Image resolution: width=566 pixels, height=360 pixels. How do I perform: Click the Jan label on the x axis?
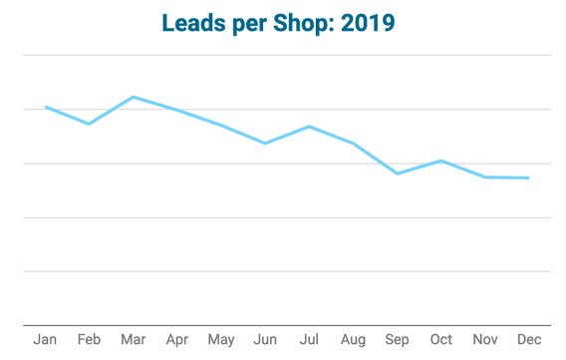coord(45,340)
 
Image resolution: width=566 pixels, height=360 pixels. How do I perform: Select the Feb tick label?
coord(89,340)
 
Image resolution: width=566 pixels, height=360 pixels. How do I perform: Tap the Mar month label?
coord(133,340)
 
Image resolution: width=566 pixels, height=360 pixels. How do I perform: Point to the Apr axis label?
coord(176,340)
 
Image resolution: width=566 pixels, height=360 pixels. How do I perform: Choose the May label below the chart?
coord(220,340)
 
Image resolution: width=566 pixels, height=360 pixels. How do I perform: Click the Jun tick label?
coord(265,340)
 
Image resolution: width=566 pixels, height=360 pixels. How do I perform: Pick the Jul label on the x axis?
coord(309,340)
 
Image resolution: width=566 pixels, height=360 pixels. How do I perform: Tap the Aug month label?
coord(353,340)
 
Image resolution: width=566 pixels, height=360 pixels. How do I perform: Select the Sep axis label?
coord(397,340)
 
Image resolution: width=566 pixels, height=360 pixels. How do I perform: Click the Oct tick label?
coord(440,340)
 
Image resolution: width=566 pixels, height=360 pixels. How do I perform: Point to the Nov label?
coord(484,340)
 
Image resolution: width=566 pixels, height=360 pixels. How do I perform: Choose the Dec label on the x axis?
coord(528,340)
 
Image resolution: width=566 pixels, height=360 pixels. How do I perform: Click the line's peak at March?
coord(133,97)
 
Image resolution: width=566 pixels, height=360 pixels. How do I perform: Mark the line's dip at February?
coord(89,124)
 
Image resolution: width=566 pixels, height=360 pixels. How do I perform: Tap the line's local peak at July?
coord(309,127)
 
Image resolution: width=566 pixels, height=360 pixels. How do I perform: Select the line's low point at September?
coord(397,174)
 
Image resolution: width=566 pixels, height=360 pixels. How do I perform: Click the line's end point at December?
coord(528,179)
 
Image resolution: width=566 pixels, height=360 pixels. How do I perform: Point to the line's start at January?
coord(45,107)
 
